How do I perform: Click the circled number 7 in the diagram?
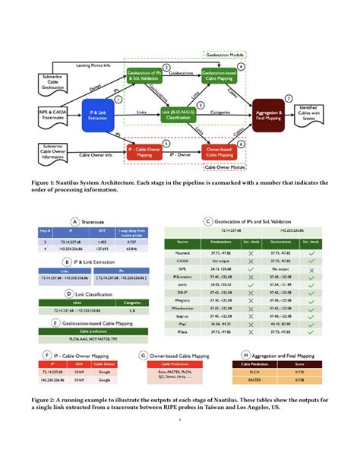[288, 98]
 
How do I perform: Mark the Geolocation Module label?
[226, 54]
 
